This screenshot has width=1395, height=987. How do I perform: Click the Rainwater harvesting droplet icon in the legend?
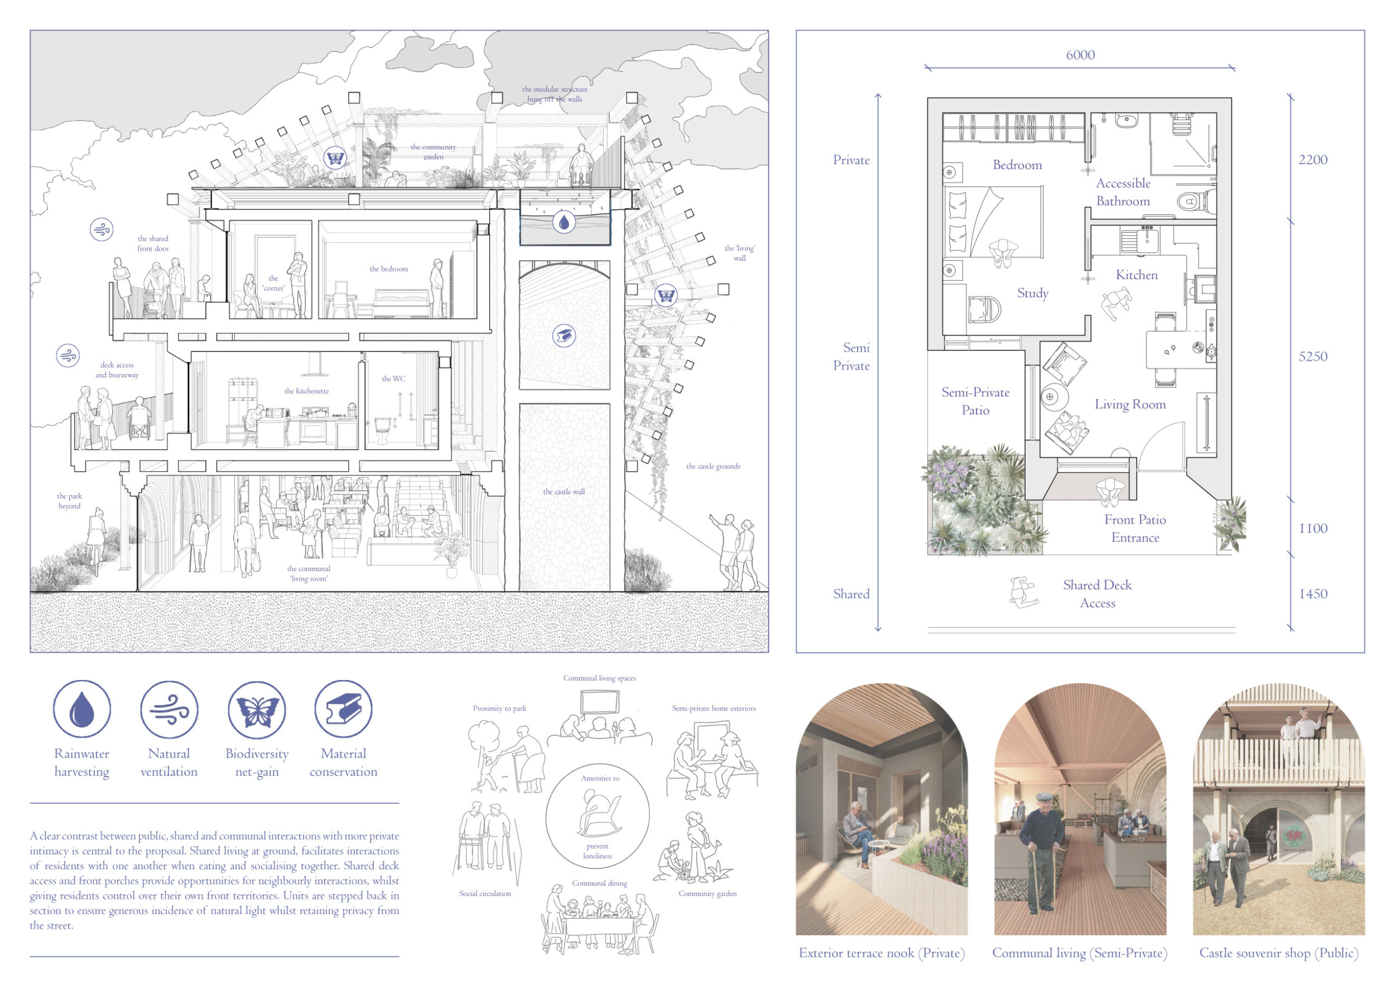82,709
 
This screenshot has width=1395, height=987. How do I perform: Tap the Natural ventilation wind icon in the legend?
169,709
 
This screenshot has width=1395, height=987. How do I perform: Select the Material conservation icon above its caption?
343,709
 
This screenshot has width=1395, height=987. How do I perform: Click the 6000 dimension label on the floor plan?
1080,55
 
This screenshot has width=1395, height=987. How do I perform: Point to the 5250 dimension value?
1313,357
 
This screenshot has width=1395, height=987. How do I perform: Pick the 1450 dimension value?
1313,594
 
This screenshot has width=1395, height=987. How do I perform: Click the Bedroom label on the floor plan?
1017,165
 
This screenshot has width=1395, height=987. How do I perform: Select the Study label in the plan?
1033,294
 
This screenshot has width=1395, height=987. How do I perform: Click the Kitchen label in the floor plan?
1136,275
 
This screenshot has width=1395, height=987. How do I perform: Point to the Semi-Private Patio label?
975,401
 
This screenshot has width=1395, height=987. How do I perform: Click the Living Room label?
1130,404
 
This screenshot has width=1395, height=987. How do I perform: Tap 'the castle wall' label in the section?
564,492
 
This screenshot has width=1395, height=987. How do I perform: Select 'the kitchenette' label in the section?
306,391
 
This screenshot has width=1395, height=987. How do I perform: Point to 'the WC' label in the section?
393,378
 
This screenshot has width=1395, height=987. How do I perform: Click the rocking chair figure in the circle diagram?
598,813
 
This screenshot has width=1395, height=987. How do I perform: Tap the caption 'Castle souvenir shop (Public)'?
1278,953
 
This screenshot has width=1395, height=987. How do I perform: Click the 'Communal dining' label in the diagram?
599,883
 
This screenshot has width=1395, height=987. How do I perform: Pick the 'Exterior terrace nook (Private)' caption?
882,953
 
